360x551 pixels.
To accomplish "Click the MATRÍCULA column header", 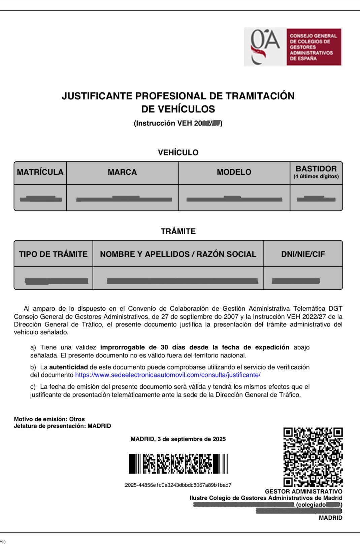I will coord(40,172).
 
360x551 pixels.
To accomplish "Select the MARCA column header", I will coord(122,172).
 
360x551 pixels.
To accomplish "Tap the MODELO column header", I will coord(234,172).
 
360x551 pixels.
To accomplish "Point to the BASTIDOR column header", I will coord(316,172).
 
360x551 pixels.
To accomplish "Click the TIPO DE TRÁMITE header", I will coord(53,254).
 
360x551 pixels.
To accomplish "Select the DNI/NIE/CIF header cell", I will coord(303,254).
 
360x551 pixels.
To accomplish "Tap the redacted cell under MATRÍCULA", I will coord(40,199).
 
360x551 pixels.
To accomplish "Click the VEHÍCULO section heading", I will coord(178,152).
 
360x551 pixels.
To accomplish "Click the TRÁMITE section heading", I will coord(178,231).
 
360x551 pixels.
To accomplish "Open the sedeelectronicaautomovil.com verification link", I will coord(168,375).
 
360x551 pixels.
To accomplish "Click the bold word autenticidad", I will coord(68,367).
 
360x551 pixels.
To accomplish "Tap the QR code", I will coord(313,457).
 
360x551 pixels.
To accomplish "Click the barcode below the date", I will coord(178,464).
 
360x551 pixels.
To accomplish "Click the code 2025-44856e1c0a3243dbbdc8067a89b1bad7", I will coord(178,485).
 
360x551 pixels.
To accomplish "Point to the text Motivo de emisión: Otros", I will coord(49,419).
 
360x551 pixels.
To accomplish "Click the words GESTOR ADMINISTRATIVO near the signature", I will coord(303,491).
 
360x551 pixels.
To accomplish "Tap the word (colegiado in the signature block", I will coord(311,505).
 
